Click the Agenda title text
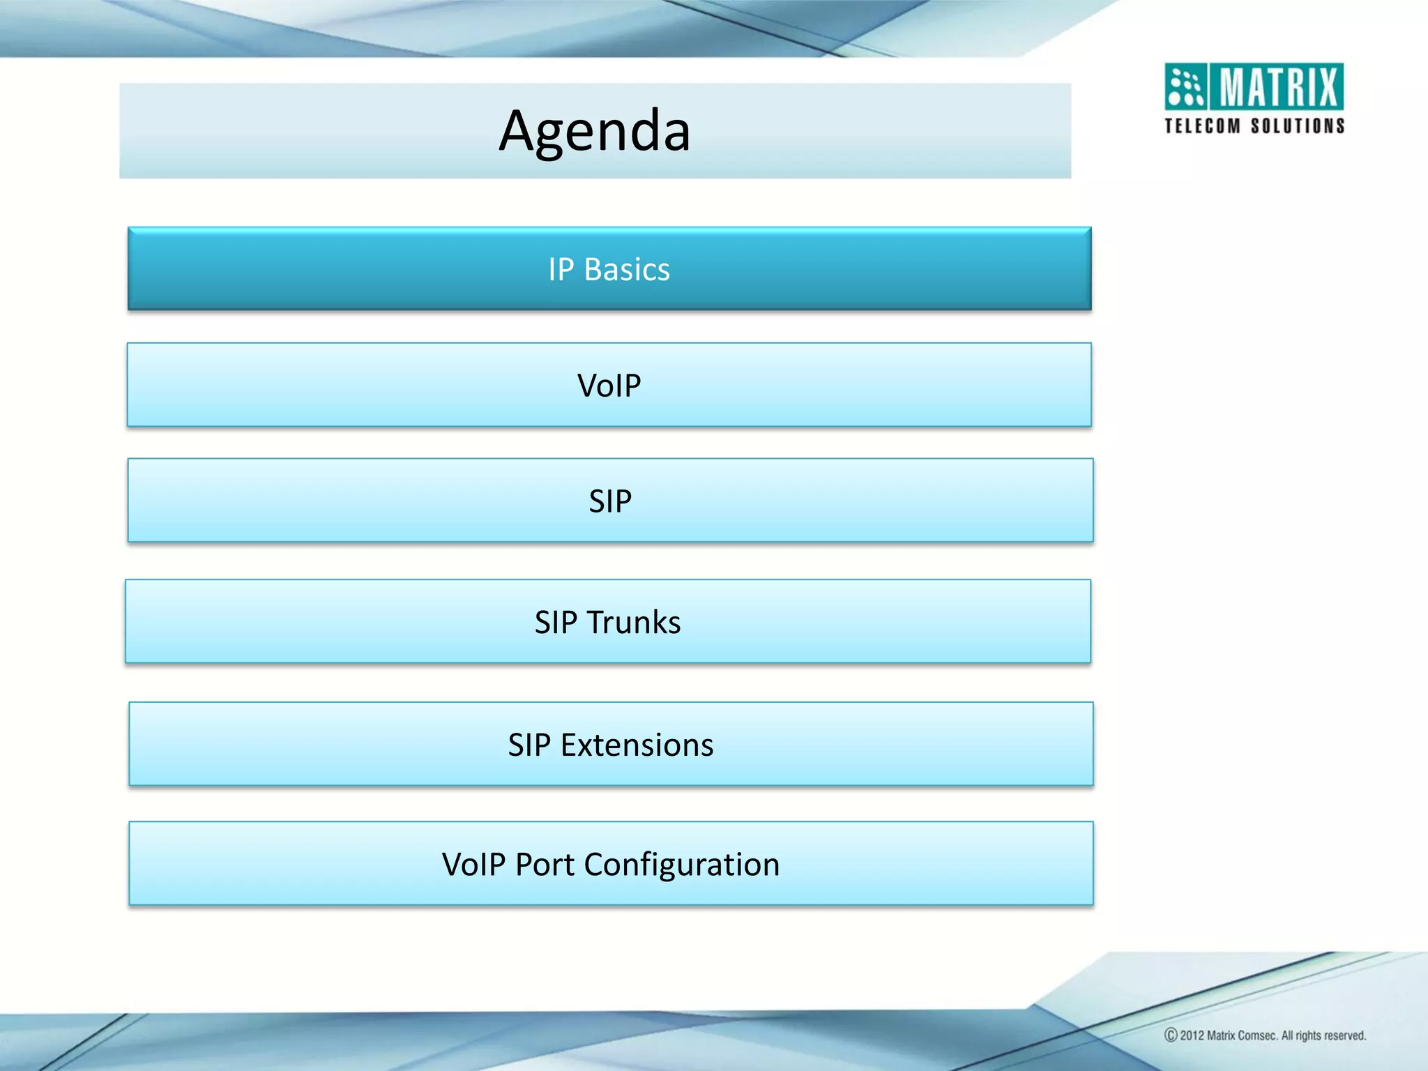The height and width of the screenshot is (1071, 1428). [x=595, y=131]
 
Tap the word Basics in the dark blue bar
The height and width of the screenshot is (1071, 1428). [x=627, y=270]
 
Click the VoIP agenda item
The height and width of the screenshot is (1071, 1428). [x=609, y=385]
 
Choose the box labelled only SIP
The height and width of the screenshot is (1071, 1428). [x=610, y=501]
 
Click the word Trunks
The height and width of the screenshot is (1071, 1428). [x=633, y=622]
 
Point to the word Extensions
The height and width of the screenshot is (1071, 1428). [x=637, y=745]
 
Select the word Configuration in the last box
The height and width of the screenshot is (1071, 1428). [x=681, y=865]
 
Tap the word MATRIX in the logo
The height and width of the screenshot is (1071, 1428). [x=1279, y=87]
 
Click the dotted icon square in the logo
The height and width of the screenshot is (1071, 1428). [x=1185, y=87]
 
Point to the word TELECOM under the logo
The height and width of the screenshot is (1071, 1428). [x=1203, y=126]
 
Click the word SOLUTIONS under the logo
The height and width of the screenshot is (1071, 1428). [x=1298, y=126]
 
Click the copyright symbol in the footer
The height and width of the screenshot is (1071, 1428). [x=1171, y=1035]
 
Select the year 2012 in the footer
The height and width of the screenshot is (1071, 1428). [x=1192, y=1035]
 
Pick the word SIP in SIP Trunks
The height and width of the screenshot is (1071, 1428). [x=556, y=622]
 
